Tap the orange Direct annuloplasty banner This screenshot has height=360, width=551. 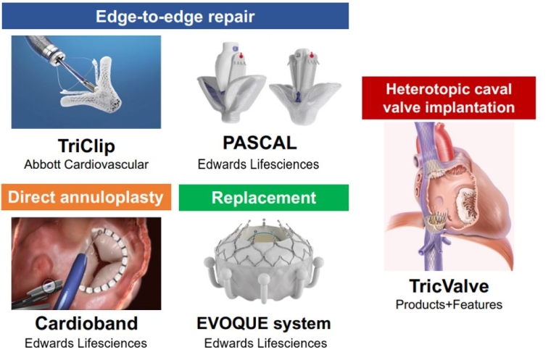tap(86, 197)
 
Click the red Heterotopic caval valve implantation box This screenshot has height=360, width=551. tap(449, 98)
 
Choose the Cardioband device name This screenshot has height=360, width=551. tap(86, 323)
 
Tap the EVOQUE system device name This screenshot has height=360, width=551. tap(264, 323)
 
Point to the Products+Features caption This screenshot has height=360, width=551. tap(449, 304)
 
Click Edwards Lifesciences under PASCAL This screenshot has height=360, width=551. tap(258, 164)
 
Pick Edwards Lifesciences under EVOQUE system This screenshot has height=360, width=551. tap(265, 343)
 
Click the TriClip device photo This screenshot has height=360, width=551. tap(86, 81)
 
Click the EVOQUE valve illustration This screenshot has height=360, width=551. tap(263, 260)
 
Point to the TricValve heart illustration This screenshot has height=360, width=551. tap(449, 196)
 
